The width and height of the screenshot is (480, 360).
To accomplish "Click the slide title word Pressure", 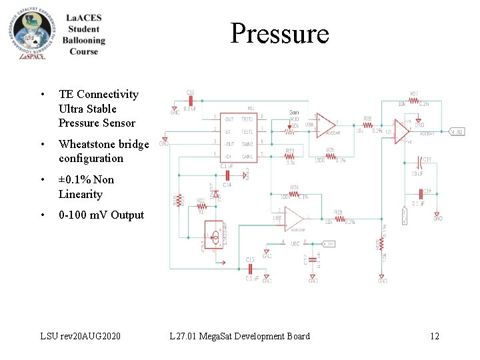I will [279, 33].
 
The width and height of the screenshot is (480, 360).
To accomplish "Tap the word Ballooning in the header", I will [84, 40].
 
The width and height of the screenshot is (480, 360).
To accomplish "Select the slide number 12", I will [434, 336].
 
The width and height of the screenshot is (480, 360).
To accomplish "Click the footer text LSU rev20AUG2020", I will [81, 336].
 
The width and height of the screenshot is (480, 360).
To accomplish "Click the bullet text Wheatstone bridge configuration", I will [103, 151].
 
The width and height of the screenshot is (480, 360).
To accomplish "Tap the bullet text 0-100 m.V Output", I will [101, 215].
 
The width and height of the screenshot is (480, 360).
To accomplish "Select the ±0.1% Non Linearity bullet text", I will [86, 187].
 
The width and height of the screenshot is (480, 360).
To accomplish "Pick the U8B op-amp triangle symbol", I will [293, 217].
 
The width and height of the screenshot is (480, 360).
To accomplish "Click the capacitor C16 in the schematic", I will [191, 101].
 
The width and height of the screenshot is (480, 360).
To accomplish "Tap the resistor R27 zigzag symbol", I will [414, 101].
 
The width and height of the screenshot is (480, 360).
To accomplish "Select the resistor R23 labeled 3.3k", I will [289, 157].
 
